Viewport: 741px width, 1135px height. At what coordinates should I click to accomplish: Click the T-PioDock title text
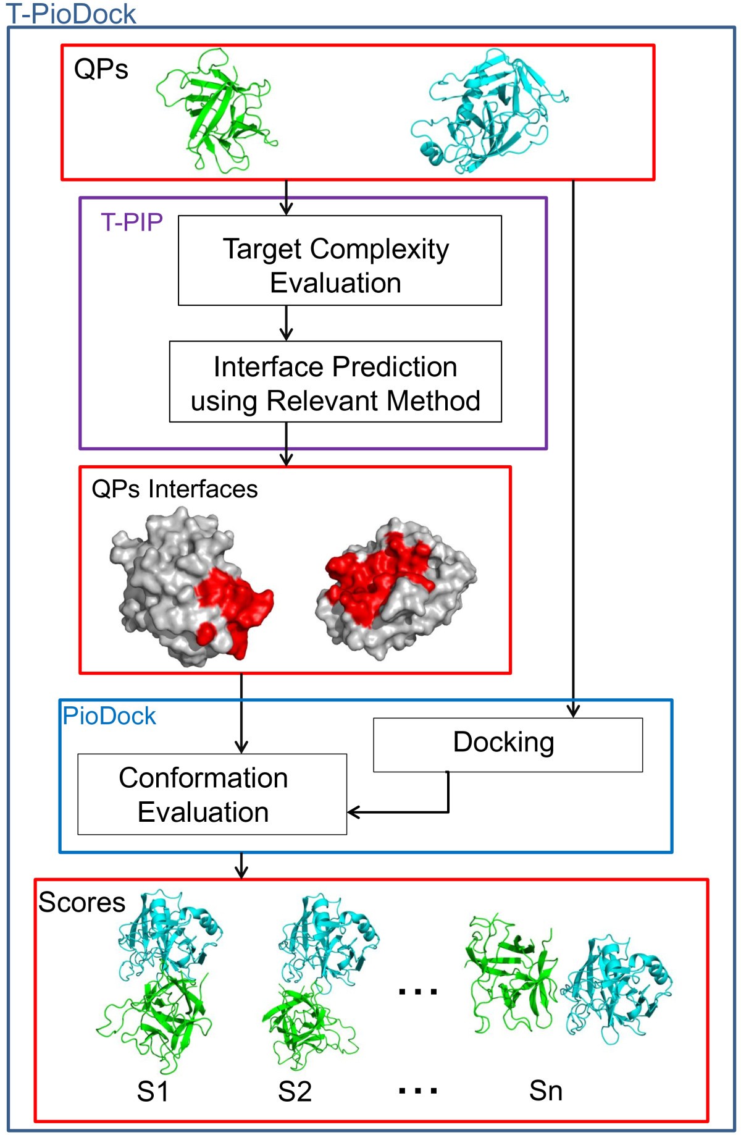click(x=71, y=14)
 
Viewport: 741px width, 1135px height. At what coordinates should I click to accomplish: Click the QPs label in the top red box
click(x=101, y=69)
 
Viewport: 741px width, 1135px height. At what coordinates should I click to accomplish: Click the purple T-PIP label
click(x=132, y=222)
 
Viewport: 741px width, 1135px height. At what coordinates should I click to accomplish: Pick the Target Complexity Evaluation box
click(x=339, y=261)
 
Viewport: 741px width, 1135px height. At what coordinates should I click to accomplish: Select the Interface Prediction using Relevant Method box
click(x=335, y=382)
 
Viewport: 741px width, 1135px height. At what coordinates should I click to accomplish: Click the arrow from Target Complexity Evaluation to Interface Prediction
click(x=286, y=323)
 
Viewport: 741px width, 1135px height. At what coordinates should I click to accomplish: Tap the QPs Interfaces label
click(x=174, y=489)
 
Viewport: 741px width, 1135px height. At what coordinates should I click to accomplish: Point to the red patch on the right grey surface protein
click(x=377, y=575)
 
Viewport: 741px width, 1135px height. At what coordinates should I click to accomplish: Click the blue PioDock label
click(x=109, y=716)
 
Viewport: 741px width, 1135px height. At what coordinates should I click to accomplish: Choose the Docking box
click(x=507, y=744)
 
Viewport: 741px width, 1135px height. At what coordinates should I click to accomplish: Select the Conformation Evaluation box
click(x=212, y=795)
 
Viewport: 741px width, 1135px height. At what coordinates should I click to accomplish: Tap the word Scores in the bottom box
click(x=82, y=902)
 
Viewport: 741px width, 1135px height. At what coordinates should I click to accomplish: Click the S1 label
click(x=153, y=1091)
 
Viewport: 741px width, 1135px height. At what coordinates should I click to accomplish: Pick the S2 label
click(x=295, y=1091)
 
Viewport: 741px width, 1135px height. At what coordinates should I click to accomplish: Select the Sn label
click(x=545, y=1091)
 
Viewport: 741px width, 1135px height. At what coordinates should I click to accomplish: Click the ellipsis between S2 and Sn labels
click(x=418, y=1091)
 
